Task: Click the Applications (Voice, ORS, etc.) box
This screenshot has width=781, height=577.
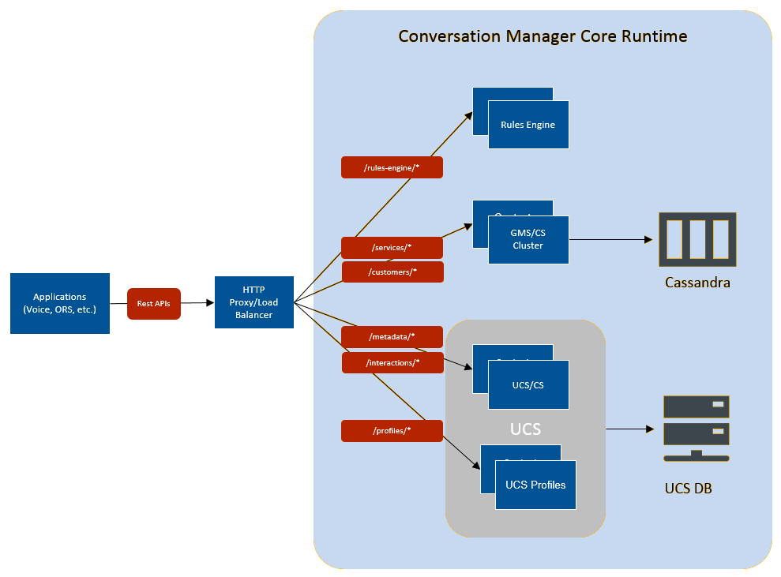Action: [60, 303]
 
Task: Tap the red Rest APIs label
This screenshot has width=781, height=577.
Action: [154, 303]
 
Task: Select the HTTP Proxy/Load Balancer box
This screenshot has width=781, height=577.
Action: [254, 302]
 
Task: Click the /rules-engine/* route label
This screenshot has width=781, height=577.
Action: [392, 167]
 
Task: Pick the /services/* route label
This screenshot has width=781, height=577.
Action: [392, 247]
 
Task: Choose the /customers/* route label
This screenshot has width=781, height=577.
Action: [392, 272]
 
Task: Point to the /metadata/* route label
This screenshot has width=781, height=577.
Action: [392, 337]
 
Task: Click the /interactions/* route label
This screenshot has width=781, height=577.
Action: [392, 363]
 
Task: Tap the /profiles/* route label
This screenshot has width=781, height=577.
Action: [392, 431]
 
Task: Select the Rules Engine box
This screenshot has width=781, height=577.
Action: [528, 125]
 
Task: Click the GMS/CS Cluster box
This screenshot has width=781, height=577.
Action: [528, 240]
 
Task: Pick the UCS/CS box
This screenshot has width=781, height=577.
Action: [528, 385]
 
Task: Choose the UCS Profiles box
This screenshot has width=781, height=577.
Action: [535, 485]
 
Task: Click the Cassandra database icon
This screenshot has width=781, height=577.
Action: [697, 239]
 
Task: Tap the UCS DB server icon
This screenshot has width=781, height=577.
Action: [696, 429]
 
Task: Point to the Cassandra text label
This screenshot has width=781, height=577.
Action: [697, 282]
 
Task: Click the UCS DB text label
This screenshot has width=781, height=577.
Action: [688, 489]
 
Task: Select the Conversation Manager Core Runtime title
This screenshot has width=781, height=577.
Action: [543, 36]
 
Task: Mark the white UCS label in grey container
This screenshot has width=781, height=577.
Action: [525, 429]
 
